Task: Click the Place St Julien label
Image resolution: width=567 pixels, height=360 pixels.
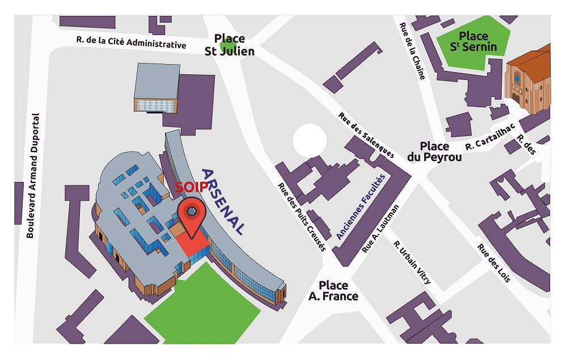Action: (x=230, y=45)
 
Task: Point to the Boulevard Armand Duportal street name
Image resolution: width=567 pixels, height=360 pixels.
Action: (x=33, y=175)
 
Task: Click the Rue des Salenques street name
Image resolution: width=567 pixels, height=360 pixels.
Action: (x=366, y=135)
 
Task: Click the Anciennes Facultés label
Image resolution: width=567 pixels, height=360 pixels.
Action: (x=361, y=206)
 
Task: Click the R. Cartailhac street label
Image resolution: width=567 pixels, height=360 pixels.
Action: (x=490, y=138)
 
